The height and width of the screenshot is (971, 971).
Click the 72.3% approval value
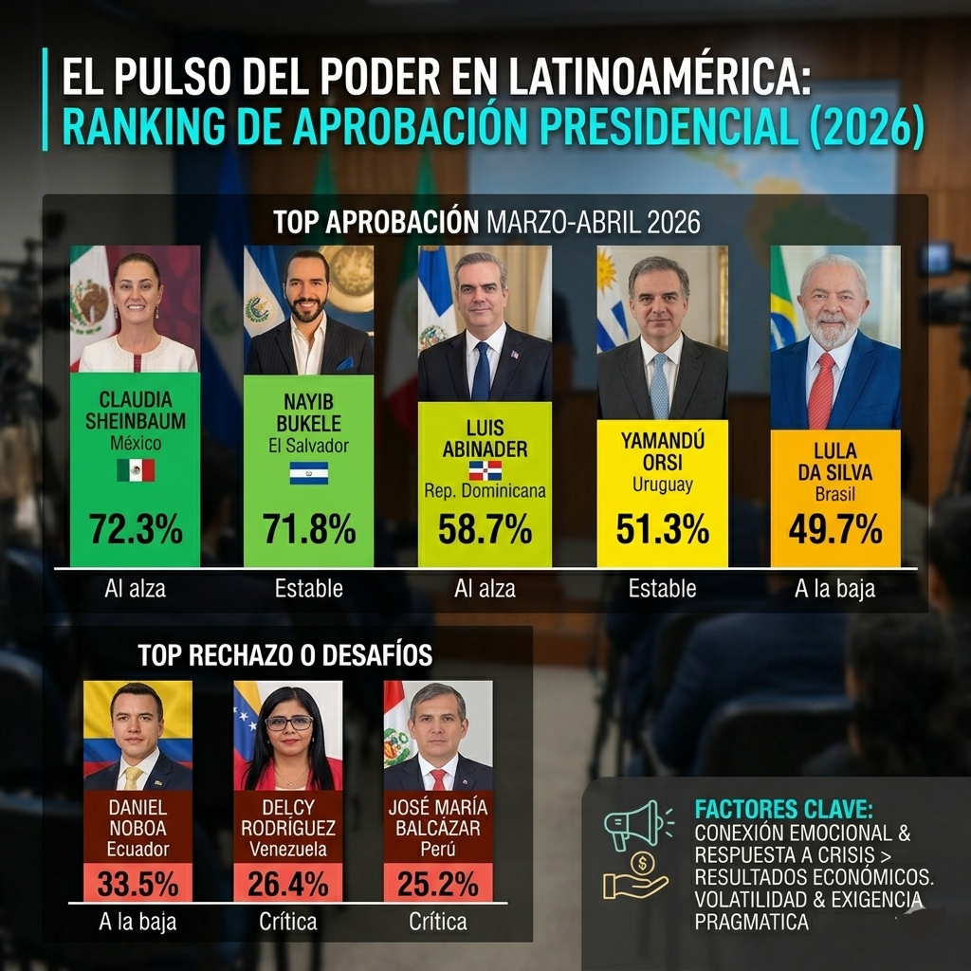135,529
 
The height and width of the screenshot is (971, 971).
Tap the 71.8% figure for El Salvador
309,529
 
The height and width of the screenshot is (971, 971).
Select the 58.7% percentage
485,529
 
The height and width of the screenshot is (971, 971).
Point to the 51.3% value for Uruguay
662,529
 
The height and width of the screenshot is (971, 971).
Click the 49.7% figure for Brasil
835,529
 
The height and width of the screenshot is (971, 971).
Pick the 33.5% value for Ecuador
137,884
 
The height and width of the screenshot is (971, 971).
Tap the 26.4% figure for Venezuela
288,884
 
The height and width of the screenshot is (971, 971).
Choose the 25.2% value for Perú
438,884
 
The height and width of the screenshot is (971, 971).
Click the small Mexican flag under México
136,469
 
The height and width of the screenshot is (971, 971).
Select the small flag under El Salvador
309,472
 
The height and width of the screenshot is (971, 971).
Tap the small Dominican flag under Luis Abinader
485,470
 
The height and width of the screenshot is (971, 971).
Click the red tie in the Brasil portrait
820,391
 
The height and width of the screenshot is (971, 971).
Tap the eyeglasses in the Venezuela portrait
289,723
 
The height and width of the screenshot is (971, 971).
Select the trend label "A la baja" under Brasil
835,589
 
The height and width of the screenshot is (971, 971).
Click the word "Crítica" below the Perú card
438,921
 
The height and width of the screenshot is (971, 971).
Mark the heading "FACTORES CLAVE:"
783,810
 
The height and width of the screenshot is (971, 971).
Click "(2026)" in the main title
867,129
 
